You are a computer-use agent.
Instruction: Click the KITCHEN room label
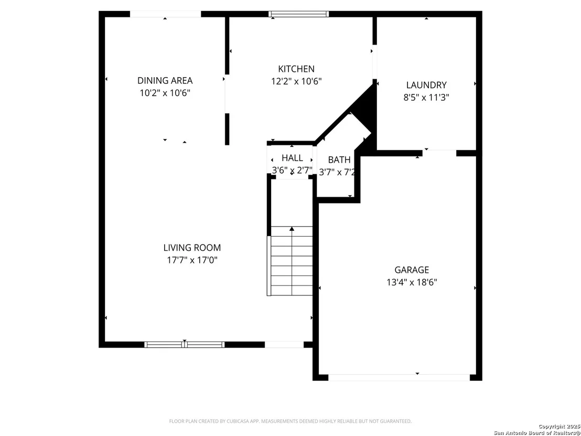296,69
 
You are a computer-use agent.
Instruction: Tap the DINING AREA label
165,80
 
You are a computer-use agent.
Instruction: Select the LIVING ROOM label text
192,248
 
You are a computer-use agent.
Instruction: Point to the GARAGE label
412,270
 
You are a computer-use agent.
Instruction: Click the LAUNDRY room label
426,86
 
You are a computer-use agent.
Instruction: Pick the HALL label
293,158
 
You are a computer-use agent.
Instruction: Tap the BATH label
339,160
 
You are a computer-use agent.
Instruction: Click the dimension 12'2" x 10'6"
296,81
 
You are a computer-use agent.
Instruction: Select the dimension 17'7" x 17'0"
192,260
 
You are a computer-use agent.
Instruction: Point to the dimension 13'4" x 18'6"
412,282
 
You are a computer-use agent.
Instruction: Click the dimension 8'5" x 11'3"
426,98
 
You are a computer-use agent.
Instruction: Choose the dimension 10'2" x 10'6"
165,93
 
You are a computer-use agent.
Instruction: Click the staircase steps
291,261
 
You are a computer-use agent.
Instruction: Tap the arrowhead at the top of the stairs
292,229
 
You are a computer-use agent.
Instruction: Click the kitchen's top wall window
299,14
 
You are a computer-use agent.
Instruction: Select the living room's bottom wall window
185,344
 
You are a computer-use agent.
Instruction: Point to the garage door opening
399,377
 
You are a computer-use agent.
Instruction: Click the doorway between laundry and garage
439,153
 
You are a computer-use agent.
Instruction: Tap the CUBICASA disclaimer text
290,421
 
